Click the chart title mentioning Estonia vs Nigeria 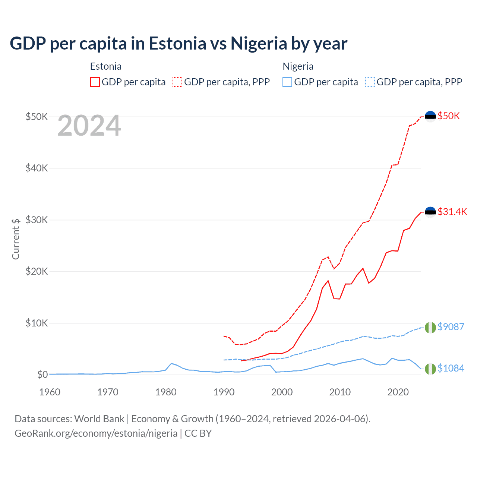click(x=178, y=43)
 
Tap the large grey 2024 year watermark click(x=89, y=126)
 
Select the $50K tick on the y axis click(x=37, y=117)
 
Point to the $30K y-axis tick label click(x=37, y=220)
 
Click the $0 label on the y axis click(x=42, y=375)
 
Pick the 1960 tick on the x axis click(x=50, y=392)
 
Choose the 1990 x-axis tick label click(x=224, y=392)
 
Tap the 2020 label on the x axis click(x=398, y=392)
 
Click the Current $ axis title click(x=16, y=239)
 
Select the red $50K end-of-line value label click(x=449, y=116)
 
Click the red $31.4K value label click(x=452, y=212)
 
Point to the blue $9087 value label click(x=451, y=327)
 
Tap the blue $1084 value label click(x=451, y=368)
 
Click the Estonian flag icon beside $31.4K click(x=430, y=212)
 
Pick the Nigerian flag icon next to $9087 click(x=430, y=327)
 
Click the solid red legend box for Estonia click(x=95, y=82)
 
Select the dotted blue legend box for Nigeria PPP click(x=370, y=82)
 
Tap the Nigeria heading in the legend click(x=298, y=66)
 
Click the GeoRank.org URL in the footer click(x=96, y=433)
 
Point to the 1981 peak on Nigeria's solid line click(x=171, y=363)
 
